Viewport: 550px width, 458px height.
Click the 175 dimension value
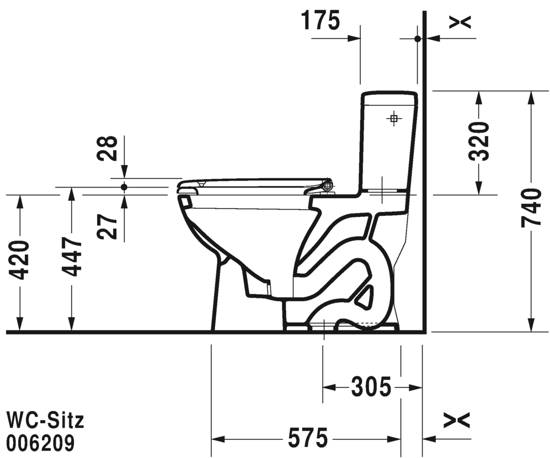tap(321, 20)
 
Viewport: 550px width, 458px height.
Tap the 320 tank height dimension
tap(480, 141)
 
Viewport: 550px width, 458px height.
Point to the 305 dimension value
tap(371, 387)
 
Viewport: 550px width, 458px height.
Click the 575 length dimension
tap(308, 438)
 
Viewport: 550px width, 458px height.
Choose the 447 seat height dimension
tap(72, 257)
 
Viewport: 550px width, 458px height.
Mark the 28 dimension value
tap(108, 148)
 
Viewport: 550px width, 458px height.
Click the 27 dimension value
tap(108, 227)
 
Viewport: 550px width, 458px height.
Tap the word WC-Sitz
tap(46, 420)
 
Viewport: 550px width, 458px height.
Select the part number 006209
tap(41, 443)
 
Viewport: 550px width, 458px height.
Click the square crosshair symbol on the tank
tap(393, 119)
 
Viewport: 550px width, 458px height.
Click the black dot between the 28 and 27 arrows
tap(124, 187)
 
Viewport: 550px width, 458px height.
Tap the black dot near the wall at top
tap(418, 39)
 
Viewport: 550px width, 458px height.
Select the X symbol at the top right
tap(460, 23)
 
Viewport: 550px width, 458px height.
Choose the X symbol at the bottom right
tap(456, 420)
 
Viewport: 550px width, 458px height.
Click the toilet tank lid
tap(389, 98)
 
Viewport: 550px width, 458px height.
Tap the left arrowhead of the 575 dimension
tap(218, 439)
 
